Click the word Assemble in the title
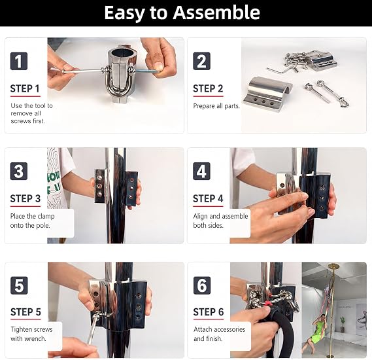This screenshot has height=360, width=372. click(x=216, y=12)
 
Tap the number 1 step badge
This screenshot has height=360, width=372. click(x=19, y=61)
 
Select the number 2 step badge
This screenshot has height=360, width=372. click(x=201, y=61)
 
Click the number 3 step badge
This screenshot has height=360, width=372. click(x=19, y=171)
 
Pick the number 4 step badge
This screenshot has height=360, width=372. click(x=201, y=171)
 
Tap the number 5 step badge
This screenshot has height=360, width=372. click(x=19, y=285)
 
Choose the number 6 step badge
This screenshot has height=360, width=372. click(x=202, y=285)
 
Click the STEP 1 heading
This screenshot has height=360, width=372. click(x=25, y=88)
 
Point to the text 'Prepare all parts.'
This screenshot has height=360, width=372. click(x=216, y=106)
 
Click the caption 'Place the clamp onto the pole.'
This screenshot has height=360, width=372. click(x=32, y=221)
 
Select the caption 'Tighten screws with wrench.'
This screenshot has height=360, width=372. click(x=31, y=334)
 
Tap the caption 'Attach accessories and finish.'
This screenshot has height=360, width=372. click(x=219, y=334)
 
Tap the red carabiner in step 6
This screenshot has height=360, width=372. click(x=267, y=303)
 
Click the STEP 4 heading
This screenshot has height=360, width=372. click(x=208, y=199)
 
